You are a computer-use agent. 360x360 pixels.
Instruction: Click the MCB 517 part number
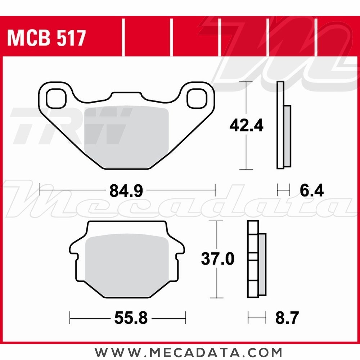coord(46,38)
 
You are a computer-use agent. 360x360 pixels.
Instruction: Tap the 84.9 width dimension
coord(126,190)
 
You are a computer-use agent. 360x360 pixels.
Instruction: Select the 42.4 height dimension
coord(246,125)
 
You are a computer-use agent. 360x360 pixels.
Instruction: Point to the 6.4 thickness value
coord(311,190)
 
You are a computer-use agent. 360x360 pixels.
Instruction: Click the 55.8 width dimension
coord(131,318)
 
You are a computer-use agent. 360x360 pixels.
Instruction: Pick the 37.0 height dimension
coord(217,259)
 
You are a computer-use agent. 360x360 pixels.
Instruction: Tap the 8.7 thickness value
coord(287,318)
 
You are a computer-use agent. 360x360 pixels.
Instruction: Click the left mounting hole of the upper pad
coord(56,99)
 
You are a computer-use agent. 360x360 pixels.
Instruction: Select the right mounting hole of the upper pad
coord(197,99)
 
